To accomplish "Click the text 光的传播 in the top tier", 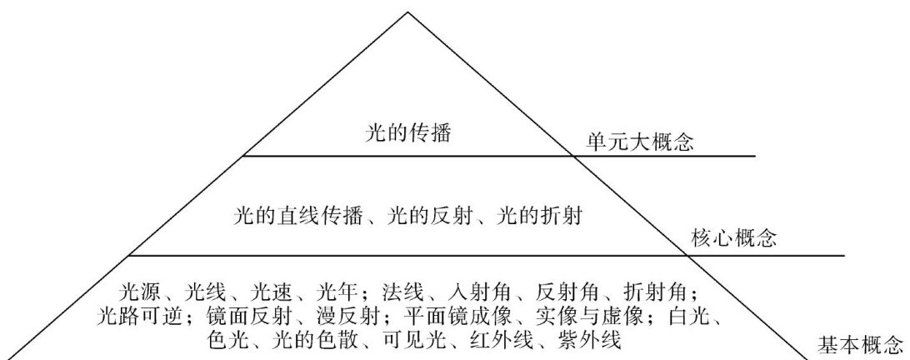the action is pyautogui.click(x=408, y=132).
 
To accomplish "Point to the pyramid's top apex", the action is pyautogui.click(x=408, y=12).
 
